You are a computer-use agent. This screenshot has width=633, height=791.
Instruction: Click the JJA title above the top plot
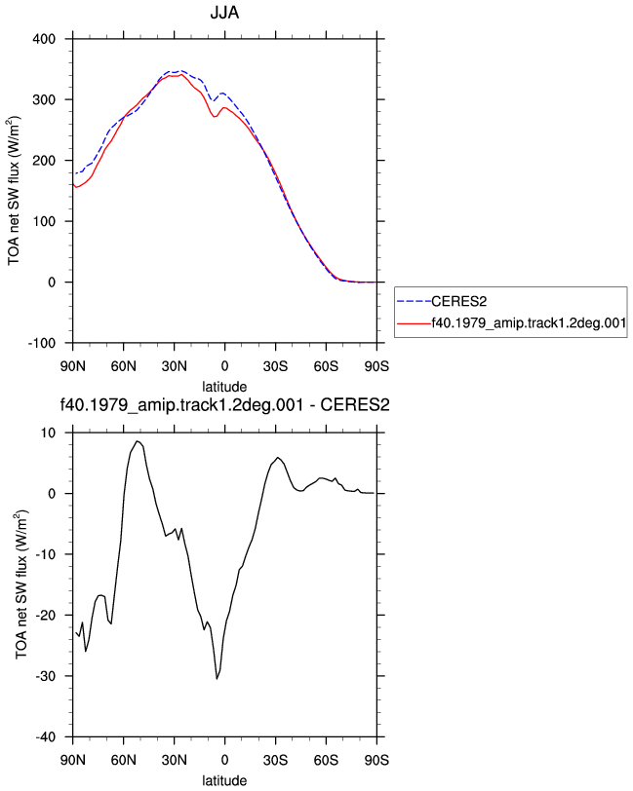(224, 12)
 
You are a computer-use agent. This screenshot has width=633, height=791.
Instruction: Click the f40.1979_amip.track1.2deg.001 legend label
(529, 322)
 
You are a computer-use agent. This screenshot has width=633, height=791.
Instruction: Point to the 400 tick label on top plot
(44, 39)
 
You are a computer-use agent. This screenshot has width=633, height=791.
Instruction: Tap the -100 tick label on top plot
(42, 343)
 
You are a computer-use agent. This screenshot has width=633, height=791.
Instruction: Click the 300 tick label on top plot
(44, 100)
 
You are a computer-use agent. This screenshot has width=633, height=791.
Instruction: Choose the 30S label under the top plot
(275, 366)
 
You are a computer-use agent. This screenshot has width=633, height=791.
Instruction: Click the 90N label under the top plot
(73, 366)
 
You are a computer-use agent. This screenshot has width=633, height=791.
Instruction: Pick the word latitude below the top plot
(224, 387)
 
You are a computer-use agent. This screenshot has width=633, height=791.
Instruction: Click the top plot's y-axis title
(14, 191)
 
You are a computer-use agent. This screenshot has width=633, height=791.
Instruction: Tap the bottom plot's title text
(224, 404)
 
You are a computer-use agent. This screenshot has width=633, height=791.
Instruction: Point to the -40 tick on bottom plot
(46, 737)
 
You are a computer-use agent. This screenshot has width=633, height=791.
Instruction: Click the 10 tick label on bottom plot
(49, 433)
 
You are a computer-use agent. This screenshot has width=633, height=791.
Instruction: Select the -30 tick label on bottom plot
(46, 676)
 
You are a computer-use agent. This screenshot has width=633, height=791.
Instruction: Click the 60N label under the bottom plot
(123, 760)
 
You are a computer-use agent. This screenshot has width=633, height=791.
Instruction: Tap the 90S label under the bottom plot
(376, 760)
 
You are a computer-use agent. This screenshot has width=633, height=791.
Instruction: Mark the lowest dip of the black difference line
(217, 679)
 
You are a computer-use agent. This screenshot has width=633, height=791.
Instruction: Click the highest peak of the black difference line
(137, 441)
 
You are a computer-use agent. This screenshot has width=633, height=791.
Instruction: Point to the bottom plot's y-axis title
(21, 584)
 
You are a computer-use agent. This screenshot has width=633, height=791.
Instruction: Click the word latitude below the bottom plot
(224, 781)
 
